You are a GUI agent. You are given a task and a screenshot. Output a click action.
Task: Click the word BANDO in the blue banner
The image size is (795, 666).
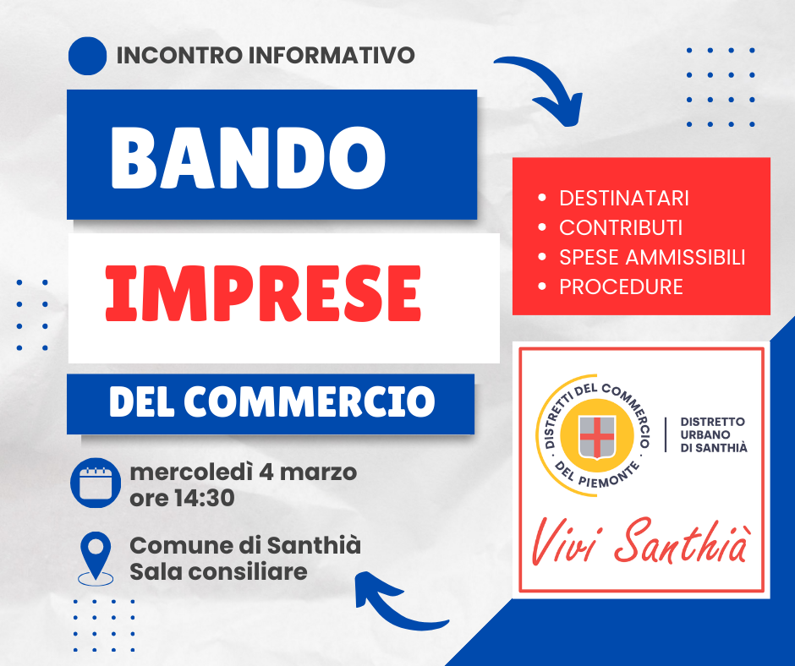tap(249, 156)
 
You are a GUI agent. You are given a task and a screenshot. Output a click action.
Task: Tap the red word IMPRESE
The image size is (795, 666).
tap(263, 294)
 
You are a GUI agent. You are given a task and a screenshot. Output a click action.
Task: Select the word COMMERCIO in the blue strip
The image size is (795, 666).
tap(310, 401)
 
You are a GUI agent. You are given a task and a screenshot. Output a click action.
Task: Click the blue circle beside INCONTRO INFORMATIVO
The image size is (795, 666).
tap(87, 56)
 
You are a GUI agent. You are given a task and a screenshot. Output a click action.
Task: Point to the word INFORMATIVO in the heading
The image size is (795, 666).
tap(332, 55)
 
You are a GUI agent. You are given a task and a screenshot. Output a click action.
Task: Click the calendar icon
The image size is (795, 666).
tap(96, 483)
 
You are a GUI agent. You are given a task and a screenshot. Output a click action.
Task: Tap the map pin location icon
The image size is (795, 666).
tap(96, 559)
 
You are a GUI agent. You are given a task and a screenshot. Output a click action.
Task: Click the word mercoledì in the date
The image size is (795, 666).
tap(191, 472)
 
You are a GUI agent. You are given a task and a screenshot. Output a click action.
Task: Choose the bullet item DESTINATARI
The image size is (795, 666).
tap(623, 198)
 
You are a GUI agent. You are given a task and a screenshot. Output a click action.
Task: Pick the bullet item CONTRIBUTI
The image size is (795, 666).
tap(621, 227)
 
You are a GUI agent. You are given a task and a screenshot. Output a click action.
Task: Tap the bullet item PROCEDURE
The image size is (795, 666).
tap(621, 287)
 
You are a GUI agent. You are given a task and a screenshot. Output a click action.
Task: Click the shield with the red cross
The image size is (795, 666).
tap(597, 436)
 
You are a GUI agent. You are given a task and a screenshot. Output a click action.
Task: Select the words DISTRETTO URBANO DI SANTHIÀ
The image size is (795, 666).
tap(713, 435)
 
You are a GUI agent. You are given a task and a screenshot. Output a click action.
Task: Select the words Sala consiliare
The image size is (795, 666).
tap(218, 571)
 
